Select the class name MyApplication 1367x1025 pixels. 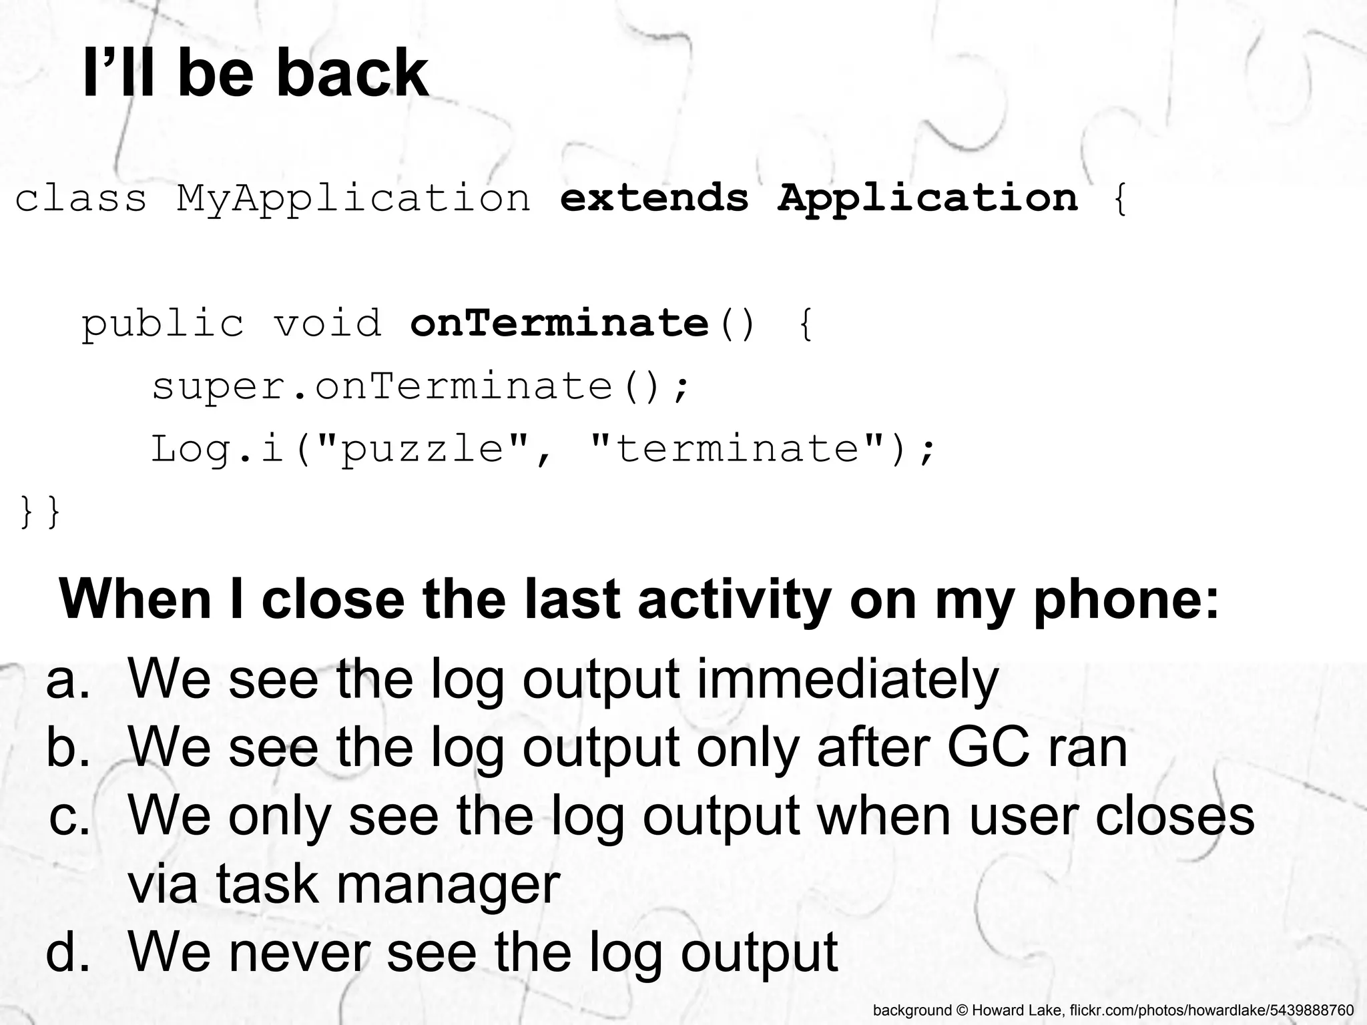tap(353, 199)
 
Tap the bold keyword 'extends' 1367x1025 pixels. tap(654, 198)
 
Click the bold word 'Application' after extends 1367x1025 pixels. tap(928, 199)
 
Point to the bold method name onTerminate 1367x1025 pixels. tap(559, 323)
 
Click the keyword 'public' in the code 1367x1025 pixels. tap(163, 324)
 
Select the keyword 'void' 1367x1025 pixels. tap(328, 323)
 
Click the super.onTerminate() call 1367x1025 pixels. tap(421, 386)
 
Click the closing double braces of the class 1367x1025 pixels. tap(40, 511)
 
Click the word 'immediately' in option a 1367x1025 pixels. tap(848, 679)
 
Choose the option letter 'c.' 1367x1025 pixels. tap(69, 816)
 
